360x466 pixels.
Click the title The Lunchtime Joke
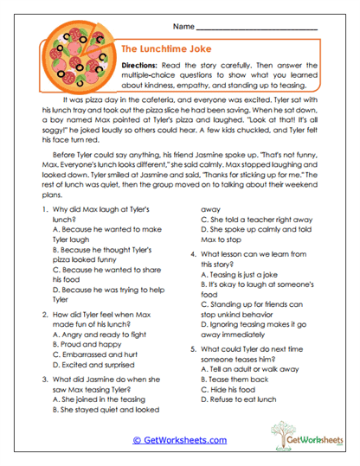(167, 50)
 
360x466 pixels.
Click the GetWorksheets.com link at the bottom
(180, 440)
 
